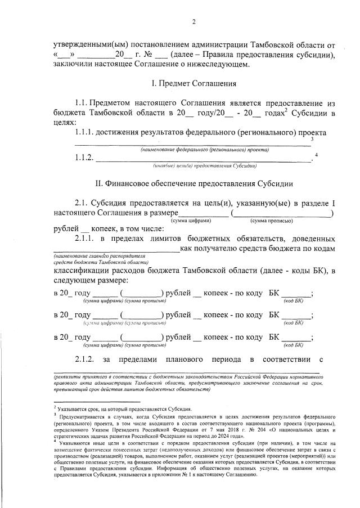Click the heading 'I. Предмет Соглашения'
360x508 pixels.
pyautogui.click(x=194, y=83)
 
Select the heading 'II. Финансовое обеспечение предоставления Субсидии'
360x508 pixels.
pyautogui.click(x=194, y=183)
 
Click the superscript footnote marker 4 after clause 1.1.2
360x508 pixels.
pyautogui.click(x=317, y=155)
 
